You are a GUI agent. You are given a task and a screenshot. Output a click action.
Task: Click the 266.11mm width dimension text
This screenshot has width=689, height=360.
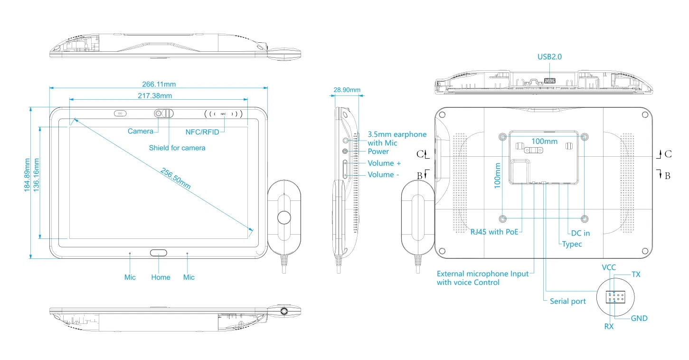tap(159, 85)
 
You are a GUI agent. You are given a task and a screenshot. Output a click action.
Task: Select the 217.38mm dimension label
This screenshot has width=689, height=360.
tap(155, 95)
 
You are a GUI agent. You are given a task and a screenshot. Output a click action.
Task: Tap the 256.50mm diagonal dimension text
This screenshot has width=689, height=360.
tap(175, 179)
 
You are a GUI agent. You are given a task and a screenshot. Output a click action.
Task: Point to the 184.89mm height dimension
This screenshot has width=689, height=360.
tap(28, 175)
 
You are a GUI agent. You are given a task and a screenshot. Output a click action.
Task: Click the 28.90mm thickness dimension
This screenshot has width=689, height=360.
tap(347, 90)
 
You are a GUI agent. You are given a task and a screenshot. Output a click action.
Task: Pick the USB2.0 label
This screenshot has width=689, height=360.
tap(549, 57)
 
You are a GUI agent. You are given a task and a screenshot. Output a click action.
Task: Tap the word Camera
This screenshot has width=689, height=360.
tap(140, 131)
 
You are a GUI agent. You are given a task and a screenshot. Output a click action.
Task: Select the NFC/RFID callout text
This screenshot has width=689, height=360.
tap(202, 132)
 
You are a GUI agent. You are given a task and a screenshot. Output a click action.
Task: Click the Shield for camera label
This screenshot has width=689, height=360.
tap(177, 148)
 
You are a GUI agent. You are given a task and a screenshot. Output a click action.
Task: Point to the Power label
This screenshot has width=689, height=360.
tap(378, 152)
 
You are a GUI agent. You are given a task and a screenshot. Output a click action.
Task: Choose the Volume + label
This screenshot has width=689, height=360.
tap(384, 163)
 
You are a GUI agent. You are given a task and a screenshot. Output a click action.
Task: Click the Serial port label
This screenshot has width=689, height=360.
tap(567, 301)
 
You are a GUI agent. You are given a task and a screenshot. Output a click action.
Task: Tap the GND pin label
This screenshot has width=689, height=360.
tap(639, 318)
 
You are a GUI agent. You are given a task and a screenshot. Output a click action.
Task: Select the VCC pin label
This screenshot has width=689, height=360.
tap(609, 267)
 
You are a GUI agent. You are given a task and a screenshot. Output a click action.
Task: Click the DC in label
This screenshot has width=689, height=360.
tap(580, 233)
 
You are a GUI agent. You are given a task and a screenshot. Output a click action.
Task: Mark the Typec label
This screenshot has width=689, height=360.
tap(572, 244)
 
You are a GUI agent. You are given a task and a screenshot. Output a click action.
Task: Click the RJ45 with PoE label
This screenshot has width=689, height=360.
tap(494, 232)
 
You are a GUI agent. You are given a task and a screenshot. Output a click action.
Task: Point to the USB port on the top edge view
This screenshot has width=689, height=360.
tap(549, 81)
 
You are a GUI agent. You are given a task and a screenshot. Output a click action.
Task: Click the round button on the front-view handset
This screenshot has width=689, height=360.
tap(284, 217)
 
